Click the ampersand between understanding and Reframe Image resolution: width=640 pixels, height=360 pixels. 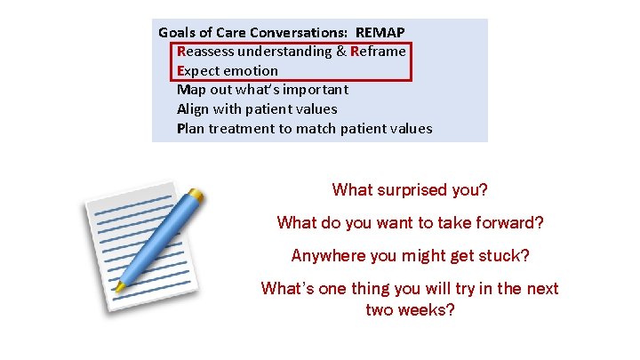point(341,52)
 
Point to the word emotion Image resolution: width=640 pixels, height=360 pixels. point(250,71)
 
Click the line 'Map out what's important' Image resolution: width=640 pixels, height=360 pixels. point(262,90)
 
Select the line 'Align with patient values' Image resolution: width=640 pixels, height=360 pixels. point(257,109)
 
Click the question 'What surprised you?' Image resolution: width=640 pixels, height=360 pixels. point(410,190)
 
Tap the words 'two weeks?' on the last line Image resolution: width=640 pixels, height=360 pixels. point(410,311)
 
